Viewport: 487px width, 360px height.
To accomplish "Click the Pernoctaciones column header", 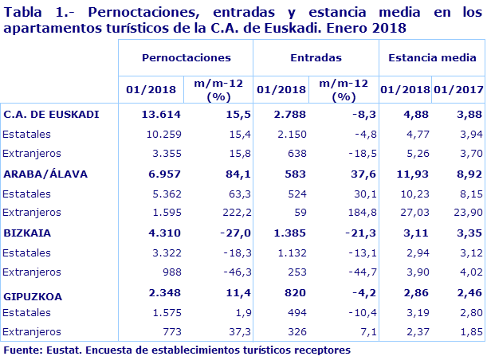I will coord(186,58).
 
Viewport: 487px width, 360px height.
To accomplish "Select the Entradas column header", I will coord(316,58).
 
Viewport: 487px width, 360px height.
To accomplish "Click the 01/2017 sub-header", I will coord(459,90).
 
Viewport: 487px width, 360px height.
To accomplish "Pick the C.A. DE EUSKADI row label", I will coord(51,114).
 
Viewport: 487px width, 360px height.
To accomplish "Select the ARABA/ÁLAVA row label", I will coord(45,173).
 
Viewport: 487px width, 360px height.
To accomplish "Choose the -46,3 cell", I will coord(218,272).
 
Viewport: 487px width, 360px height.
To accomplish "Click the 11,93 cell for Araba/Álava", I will coord(414,173).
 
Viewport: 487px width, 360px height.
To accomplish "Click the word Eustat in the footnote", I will coord(65,350).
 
